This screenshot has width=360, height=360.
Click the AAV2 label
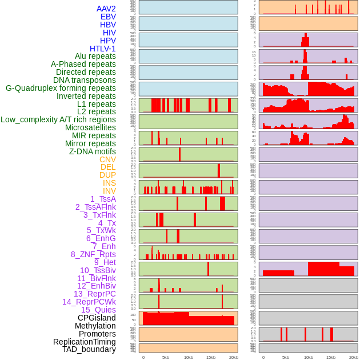[106, 9]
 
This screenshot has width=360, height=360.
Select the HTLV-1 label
[102, 49]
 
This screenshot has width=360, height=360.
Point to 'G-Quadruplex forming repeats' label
[61, 88]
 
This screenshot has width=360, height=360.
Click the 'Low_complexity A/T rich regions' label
[58, 119]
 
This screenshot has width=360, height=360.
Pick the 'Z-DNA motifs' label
[93, 151]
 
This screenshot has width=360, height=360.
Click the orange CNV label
[107, 159]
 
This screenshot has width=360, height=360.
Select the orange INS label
[109, 183]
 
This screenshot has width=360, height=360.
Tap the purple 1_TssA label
[103, 199]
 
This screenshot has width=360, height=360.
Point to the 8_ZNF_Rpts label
[93, 254]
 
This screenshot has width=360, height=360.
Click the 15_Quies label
[98, 310]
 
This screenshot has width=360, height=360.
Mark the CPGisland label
[97, 318]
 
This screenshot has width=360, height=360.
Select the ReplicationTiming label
[85, 342]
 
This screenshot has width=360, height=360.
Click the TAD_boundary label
[89, 349]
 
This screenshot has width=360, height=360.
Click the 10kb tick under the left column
[188, 357]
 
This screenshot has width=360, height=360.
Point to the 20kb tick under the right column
[354, 357]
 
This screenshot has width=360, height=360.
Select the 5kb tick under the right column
[285, 357]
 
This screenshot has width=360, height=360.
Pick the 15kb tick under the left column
[210, 357]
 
